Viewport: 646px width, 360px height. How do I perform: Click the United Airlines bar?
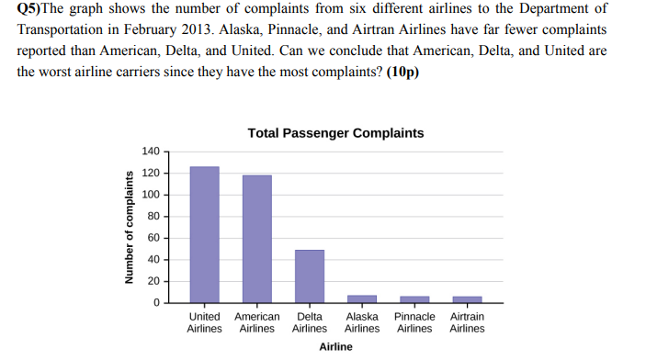coord(204,234)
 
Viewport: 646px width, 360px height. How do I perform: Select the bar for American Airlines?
coord(257,239)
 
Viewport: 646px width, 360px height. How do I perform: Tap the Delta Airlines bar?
coord(310,276)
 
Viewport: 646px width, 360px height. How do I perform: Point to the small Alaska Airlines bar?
coord(362,298)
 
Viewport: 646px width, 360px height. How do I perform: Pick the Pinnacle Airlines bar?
coord(414,299)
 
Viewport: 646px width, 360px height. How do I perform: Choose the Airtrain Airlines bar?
coord(467,299)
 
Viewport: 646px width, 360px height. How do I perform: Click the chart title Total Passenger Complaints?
coord(335,133)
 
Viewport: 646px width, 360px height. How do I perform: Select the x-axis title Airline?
coord(335,346)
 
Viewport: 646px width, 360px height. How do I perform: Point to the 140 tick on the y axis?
coord(152,152)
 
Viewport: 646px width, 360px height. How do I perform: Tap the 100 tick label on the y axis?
coord(152,195)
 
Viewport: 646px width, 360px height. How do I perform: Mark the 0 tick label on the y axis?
coord(157,302)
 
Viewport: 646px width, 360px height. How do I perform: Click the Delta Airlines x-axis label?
coord(310,322)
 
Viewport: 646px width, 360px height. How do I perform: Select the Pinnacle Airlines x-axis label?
coord(414,322)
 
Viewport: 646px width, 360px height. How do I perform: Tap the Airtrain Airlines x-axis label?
coord(467,322)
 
